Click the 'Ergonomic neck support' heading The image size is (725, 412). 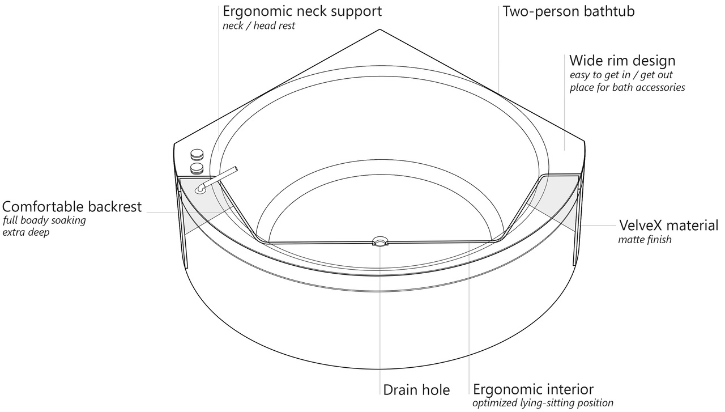(x=302, y=11)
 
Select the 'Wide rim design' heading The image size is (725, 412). (x=622, y=61)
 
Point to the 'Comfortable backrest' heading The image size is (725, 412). (x=72, y=206)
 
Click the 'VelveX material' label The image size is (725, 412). (x=668, y=225)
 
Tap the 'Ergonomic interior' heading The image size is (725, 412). (x=533, y=389)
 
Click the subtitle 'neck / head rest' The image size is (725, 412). (x=259, y=26)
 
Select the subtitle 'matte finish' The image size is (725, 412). (x=645, y=240)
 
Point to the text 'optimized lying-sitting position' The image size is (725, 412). (x=543, y=403)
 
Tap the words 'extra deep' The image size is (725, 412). (x=25, y=232)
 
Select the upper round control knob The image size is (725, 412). (x=197, y=154)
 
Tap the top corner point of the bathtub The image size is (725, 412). (x=379, y=29)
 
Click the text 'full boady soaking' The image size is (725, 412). (x=44, y=220)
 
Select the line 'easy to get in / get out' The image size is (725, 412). (x=621, y=75)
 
